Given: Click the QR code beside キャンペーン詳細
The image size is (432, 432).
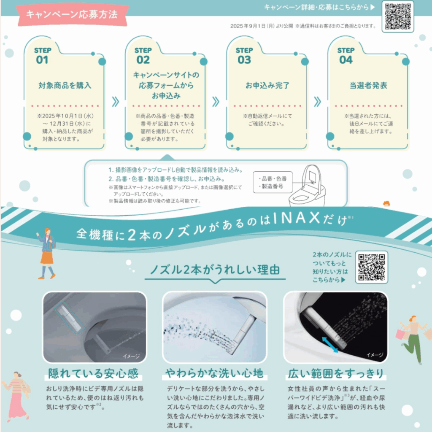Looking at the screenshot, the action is [x=397, y=16].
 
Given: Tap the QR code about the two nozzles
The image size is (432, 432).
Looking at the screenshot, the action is [x=371, y=267].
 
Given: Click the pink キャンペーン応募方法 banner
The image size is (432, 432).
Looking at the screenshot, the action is [x=72, y=15].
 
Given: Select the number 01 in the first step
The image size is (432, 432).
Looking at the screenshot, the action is [x=42, y=60].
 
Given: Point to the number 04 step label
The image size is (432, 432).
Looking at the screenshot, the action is [x=346, y=60].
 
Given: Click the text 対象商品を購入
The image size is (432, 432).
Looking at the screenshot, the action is [x=65, y=85].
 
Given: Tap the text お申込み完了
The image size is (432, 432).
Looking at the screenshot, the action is [x=267, y=85].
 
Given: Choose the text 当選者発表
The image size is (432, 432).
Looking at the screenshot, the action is [x=368, y=85].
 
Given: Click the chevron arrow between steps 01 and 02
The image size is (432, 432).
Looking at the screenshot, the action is [x=116, y=102].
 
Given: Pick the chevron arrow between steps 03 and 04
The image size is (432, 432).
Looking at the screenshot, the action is [x=317, y=102].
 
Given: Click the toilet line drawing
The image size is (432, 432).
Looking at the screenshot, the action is [x=308, y=186].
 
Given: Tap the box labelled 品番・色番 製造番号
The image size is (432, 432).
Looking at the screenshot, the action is [x=273, y=182].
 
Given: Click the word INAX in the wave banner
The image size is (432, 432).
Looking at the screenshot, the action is [x=297, y=218].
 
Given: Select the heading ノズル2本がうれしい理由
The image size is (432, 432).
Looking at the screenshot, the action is [x=215, y=270].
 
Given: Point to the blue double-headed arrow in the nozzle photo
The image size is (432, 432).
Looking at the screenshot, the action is [x=330, y=345].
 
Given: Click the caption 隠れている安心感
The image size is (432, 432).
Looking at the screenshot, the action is [x=93, y=374].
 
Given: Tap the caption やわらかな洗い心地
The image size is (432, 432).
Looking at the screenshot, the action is [x=214, y=373].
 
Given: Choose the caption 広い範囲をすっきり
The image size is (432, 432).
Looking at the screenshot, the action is [x=336, y=374].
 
